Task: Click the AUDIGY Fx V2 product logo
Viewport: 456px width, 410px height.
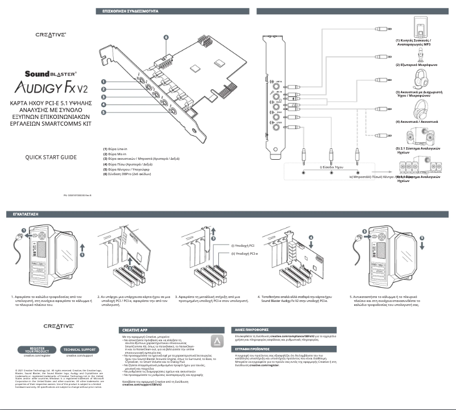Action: pyautogui.click(x=51, y=88)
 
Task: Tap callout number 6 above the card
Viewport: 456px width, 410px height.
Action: pyautogui.click(x=166, y=38)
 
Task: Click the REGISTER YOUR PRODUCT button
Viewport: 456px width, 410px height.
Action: pyautogui.click(x=38, y=349)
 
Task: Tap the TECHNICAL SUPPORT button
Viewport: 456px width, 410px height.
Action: pyautogui.click(x=80, y=349)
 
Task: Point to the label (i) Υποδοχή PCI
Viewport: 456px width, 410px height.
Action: pyautogui.click(x=243, y=246)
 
